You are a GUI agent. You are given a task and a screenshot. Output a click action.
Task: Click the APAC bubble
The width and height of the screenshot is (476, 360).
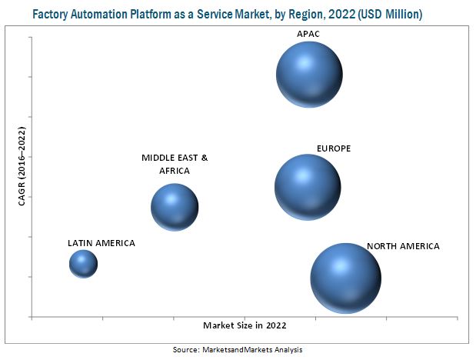(309, 75)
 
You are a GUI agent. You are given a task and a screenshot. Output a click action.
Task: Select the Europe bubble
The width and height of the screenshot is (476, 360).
(308, 186)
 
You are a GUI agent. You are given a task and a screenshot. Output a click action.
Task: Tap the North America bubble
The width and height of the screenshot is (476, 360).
(345, 278)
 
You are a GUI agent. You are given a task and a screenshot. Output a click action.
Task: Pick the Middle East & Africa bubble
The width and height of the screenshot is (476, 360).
(175, 205)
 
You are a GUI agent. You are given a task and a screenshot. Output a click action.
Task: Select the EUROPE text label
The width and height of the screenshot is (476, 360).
(334, 148)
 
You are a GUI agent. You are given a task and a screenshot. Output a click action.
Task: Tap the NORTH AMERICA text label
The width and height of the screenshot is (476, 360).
(403, 246)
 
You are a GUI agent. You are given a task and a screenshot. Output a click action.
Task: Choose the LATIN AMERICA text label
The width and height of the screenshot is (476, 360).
(101, 243)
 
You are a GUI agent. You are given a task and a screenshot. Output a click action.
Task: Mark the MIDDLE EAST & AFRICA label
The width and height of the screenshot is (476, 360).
(175, 164)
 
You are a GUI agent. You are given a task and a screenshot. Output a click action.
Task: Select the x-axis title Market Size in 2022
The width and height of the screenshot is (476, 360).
(244, 325)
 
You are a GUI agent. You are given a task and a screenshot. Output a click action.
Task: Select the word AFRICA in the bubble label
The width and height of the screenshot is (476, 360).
(175, 171)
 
